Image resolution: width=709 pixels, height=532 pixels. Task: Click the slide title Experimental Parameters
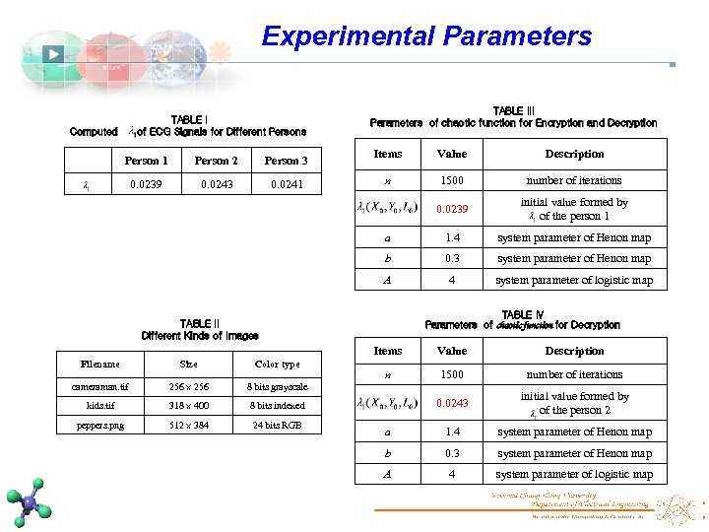coord(426,37)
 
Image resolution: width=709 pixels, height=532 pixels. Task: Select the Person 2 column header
coord(216,161)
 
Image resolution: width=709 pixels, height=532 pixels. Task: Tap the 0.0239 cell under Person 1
coord(147,184)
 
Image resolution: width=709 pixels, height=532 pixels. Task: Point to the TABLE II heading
coord(200,323)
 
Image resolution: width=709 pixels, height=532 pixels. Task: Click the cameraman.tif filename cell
coord(100,387)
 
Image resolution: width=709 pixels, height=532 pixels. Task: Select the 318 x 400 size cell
coord(188,405)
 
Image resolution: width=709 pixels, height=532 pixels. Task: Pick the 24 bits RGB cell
coord(277,426)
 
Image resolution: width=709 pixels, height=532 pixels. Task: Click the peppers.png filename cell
coord(100,426)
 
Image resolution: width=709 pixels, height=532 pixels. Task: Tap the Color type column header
coord(277,365)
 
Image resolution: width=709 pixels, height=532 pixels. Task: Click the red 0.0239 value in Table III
coord(452,209)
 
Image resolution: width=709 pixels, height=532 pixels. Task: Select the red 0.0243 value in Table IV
coord(452,403)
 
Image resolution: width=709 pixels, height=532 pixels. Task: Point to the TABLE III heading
coord(513,111)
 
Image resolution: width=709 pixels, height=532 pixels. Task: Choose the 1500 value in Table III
coord(452,180)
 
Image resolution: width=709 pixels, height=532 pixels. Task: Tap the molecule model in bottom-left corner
coord(30,500)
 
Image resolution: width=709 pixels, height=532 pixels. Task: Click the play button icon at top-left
coord(54,55)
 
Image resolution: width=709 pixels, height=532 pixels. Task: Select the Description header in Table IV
coord(574,351)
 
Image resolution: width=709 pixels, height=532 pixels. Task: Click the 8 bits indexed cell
coord(277,405)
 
